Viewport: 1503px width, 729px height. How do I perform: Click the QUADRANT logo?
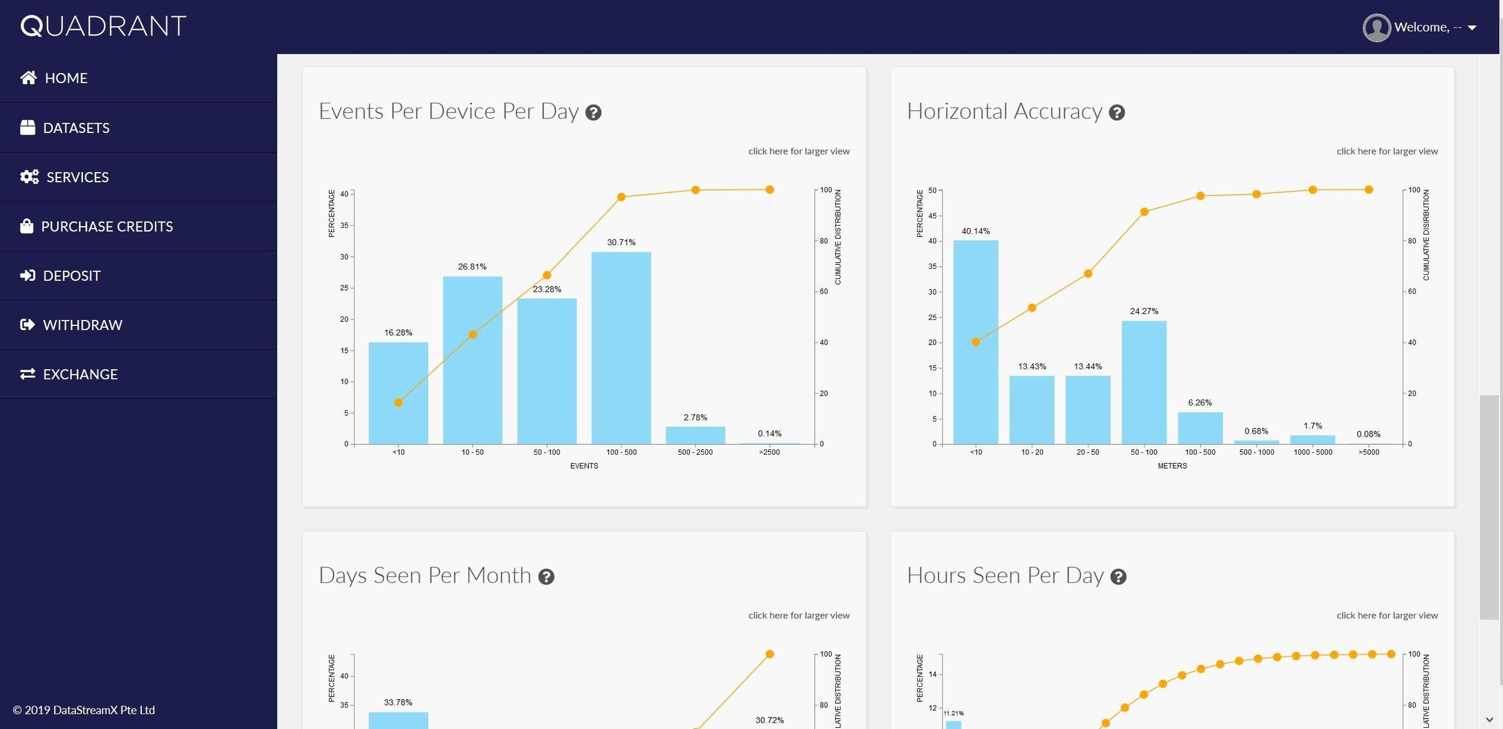(103, 26)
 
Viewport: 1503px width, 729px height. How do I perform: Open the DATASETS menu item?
(76, 128)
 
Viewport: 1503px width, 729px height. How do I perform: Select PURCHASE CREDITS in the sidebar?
(106, 226)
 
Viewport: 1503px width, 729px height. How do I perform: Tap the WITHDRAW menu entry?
(82, 325)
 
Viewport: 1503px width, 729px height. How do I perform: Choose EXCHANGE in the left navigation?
(80, 374)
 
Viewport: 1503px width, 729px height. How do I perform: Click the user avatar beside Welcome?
(1376, 28)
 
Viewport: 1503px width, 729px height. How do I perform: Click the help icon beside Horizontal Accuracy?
(1116, 112)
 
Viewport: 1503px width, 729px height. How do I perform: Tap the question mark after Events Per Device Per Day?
(593, 112)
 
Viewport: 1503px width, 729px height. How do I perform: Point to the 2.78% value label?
(695, 417)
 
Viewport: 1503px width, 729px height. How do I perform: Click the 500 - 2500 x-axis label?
(695, 452)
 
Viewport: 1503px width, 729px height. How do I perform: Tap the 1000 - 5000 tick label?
(1312, 452)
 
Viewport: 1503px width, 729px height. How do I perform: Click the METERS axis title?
(1172, 466)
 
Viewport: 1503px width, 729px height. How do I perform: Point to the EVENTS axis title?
(584, 466)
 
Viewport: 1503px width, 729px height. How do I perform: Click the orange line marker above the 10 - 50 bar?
(473, 334)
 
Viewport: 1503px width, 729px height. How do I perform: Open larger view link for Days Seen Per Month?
(798, 615)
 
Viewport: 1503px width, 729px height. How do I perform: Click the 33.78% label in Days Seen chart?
(398, 703)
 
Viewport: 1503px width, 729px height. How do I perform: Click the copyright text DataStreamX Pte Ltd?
(84, 710)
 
